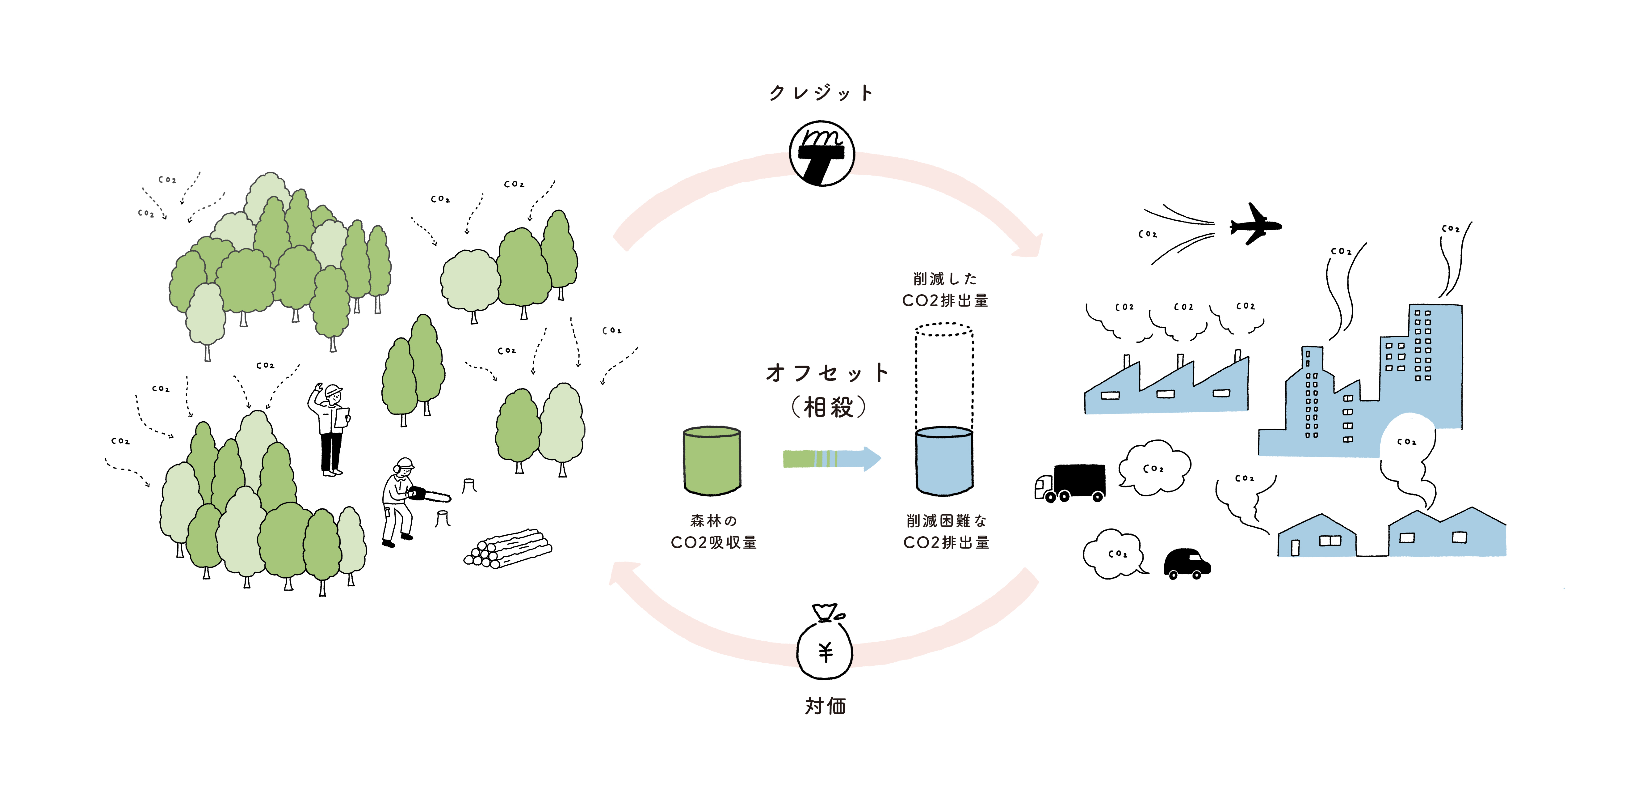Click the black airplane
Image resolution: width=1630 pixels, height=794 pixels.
1254,225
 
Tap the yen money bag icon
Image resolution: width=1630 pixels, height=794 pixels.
825,646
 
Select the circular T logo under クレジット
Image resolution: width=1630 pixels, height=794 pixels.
822,153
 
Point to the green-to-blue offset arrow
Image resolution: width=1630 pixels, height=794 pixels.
831,458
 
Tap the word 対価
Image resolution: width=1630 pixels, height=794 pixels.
825,705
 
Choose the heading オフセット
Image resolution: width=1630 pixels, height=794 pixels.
827,373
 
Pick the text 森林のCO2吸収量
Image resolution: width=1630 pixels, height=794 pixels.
714,532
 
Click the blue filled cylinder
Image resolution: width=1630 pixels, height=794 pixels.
944,461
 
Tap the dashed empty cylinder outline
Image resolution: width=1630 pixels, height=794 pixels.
944,374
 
